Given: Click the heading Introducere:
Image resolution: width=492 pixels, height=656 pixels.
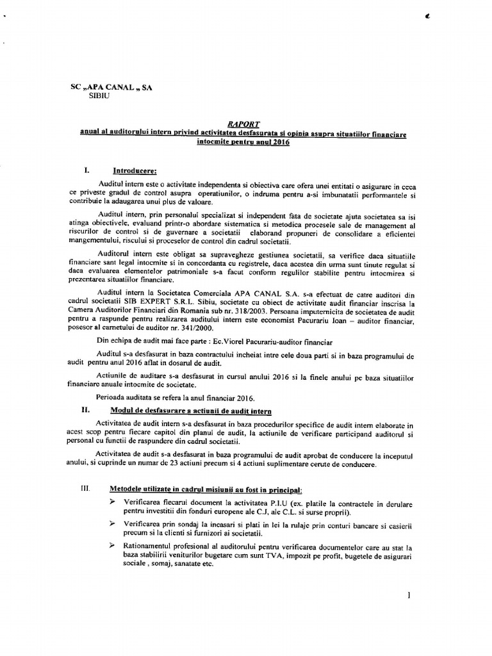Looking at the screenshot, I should (x=135, y=171).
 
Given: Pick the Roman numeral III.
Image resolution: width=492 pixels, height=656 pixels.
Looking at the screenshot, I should (x=83, y=488).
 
